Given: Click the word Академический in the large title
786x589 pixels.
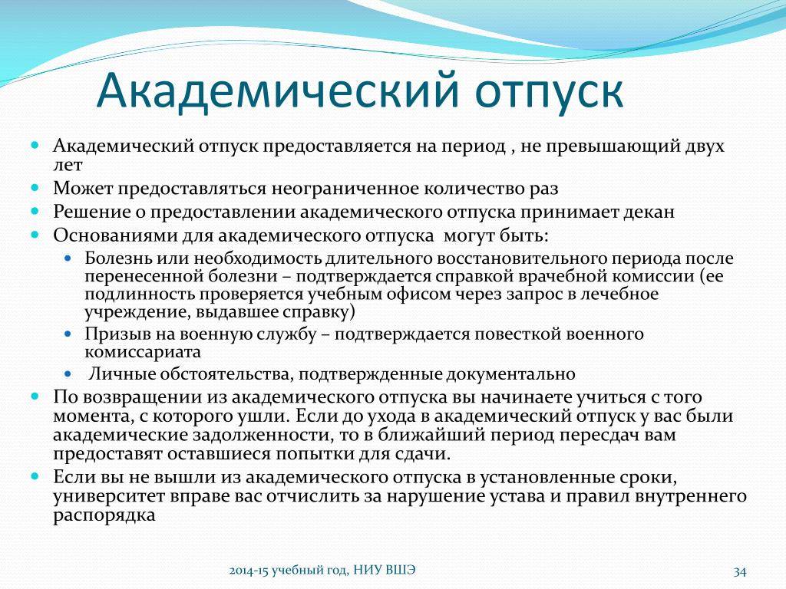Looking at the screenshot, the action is pos(279,90).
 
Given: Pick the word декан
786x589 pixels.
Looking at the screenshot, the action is pos(649,212).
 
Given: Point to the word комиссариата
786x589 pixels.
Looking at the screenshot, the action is pos(143,352).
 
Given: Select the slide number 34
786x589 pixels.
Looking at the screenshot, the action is pos(740,571).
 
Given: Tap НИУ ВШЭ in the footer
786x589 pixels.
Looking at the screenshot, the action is pos(385,571).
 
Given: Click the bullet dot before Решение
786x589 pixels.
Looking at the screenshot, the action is pos(35,211).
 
